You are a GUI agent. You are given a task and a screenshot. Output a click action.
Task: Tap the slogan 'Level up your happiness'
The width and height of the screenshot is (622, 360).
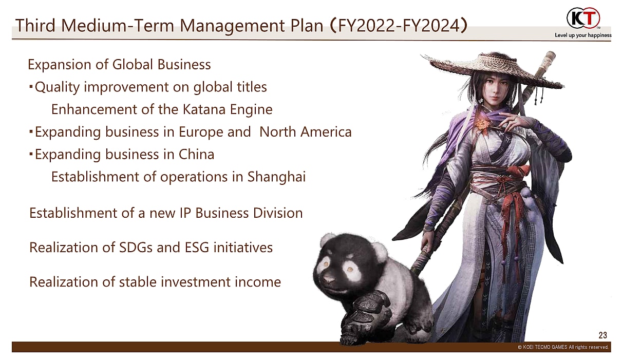(583, 35)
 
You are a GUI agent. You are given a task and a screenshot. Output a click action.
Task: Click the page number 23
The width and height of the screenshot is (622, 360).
(603, 335)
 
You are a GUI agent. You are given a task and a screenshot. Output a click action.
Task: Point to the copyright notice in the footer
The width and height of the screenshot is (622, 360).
(563, 347)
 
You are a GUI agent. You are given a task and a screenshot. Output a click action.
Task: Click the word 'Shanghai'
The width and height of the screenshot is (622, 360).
(276, 177)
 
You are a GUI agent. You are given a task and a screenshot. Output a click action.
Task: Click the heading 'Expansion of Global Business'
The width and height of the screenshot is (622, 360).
(119, 65)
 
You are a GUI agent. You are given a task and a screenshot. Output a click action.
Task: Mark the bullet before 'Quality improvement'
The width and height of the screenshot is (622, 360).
(31, 87)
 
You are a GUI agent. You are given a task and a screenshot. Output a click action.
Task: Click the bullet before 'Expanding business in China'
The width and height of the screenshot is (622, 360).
(31, 155)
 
